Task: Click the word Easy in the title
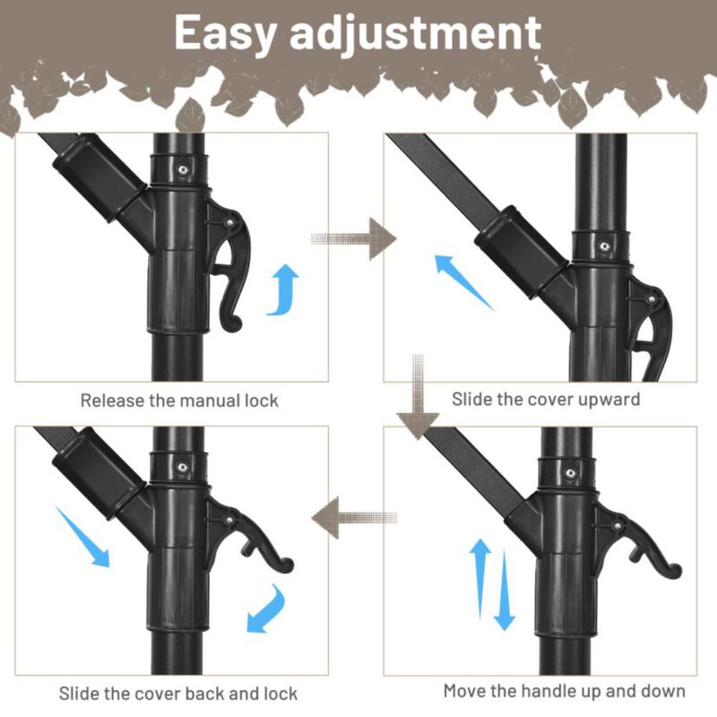[x=225, y=34]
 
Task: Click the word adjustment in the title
[x=416, y=34]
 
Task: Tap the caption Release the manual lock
[x=179, y=400]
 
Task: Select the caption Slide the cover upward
[x=546, y=399]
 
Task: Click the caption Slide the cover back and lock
[x=178, y=693]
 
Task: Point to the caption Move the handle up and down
[x=565, y=691]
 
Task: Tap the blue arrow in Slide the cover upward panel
[x=463, y=281]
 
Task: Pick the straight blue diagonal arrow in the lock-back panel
[x=82, y=536]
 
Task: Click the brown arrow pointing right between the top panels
[x=354, y=238]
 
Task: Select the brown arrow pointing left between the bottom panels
[x=354, y=518]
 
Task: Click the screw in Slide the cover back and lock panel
[x=182, y=465]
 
